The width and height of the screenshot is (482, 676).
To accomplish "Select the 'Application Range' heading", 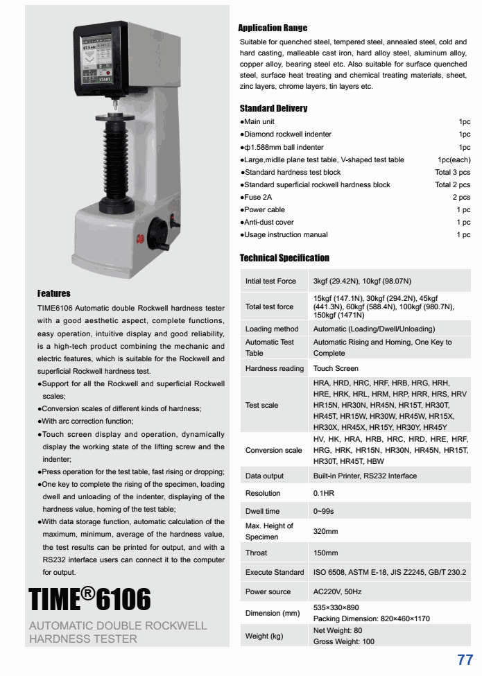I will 273,28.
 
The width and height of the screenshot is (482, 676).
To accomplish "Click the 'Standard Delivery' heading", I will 273,108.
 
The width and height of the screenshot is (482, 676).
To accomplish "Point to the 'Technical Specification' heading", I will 284,258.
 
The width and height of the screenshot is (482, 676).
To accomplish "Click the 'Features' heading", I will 54,293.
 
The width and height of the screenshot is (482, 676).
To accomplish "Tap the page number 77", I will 465,659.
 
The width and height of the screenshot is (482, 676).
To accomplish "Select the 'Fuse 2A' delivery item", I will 258,197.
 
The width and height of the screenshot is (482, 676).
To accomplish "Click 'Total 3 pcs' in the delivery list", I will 452,172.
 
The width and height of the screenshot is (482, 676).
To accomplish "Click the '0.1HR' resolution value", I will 324,493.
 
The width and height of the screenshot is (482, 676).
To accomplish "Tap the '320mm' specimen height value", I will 326,531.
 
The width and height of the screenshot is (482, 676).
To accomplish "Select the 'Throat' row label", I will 256,553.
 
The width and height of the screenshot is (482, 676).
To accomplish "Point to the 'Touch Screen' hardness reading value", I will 336,368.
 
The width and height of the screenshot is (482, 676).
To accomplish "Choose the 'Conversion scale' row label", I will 273,450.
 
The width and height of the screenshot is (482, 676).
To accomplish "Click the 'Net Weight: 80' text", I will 338,630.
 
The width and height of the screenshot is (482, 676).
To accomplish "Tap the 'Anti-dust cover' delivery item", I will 268,222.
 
